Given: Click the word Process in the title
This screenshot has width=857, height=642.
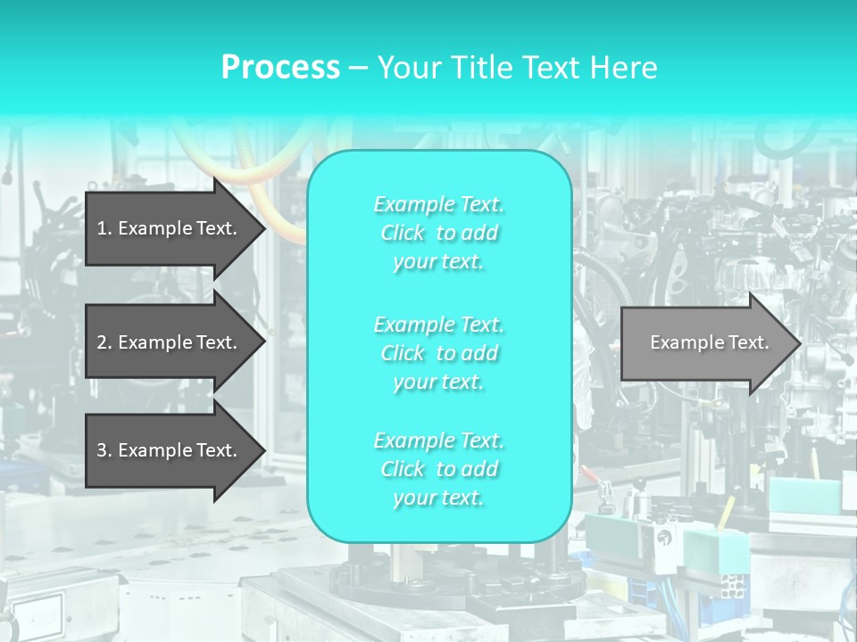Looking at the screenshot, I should [x=280, y=68].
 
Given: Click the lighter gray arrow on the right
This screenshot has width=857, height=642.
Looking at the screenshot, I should [x=705, y=342].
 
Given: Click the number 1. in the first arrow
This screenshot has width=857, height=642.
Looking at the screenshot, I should [x=104, y=228].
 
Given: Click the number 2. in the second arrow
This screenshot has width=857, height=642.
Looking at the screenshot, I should [x=104, y=342].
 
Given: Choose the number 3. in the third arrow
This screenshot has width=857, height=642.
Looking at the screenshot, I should [x=104, y=450].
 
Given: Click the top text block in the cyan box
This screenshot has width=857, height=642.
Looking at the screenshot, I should [x=438, y=233].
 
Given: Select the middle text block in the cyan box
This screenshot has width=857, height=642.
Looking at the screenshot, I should [x=438, y=352].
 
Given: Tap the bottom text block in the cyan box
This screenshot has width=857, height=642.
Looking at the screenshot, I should [x=438, y=469].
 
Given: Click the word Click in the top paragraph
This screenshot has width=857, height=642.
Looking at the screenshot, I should [x=403, y=233].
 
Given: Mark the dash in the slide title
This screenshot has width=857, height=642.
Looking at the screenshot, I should [x=358, y=68].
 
